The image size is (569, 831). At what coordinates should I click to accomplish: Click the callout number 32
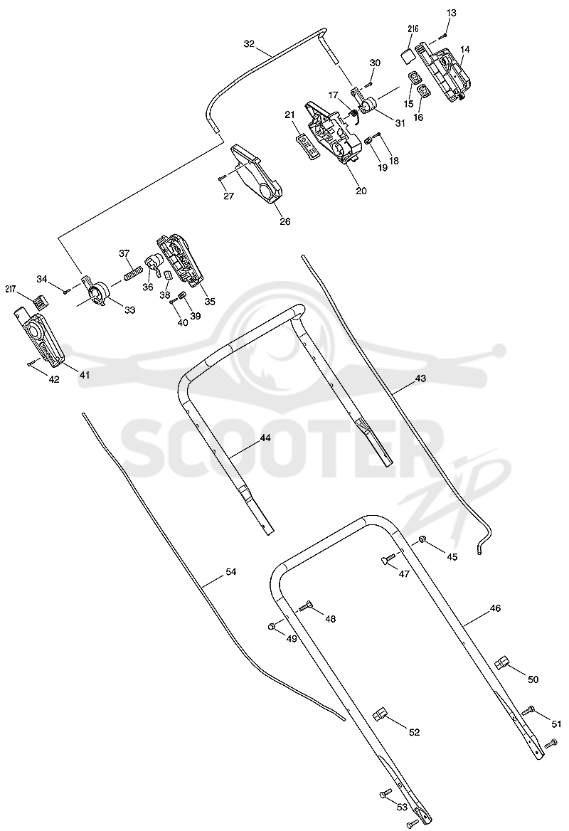249,44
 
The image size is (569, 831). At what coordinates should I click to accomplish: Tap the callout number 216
413,30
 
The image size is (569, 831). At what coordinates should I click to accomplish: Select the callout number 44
265,438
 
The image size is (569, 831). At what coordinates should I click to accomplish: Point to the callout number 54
230,572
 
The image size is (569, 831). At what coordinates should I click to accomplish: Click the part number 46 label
495,608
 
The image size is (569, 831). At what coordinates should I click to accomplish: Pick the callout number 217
11,289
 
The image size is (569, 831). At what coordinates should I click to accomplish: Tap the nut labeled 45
422,540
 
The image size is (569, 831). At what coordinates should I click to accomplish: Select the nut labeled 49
272,626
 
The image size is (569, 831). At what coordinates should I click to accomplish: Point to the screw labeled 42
31,362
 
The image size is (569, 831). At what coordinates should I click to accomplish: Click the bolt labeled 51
529,711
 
